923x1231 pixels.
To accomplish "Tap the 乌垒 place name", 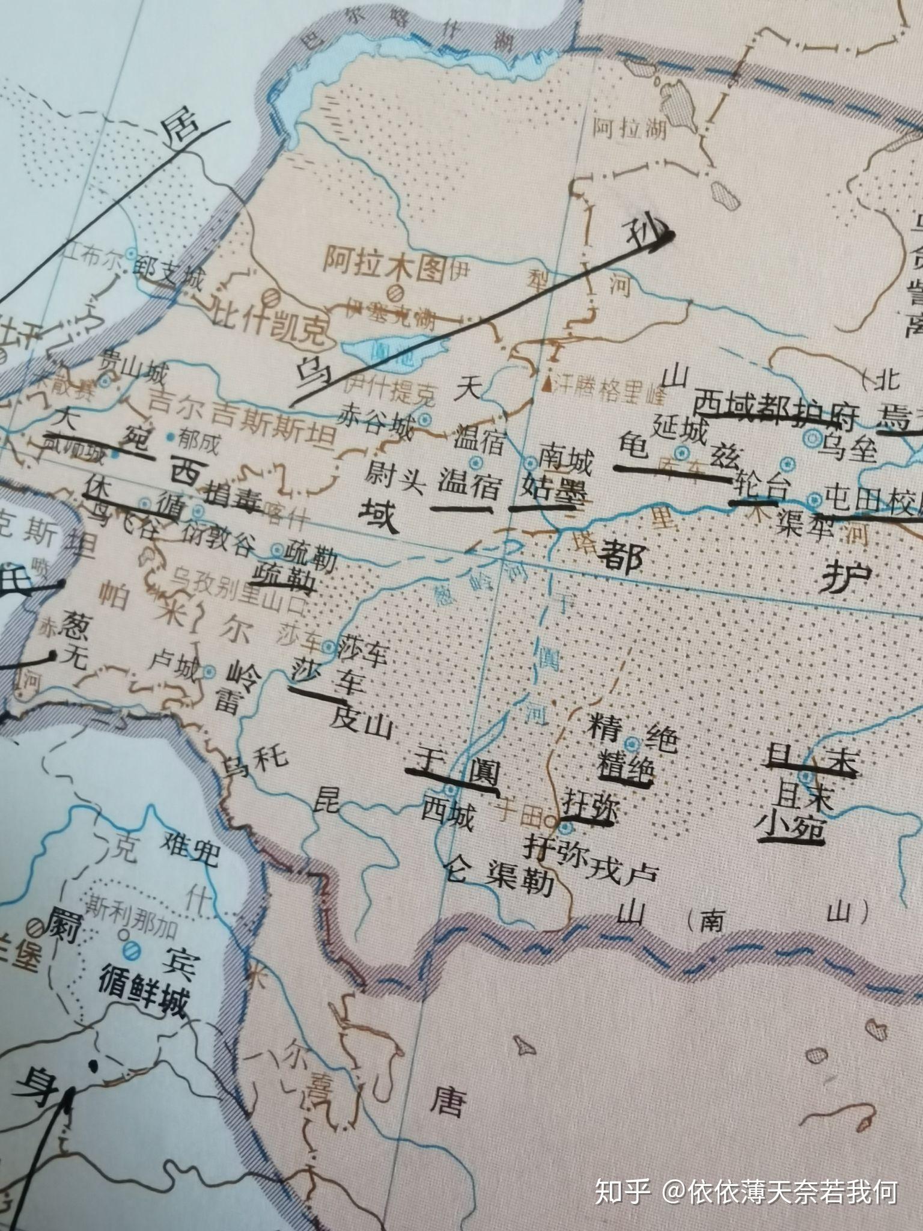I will tap(846, 448).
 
